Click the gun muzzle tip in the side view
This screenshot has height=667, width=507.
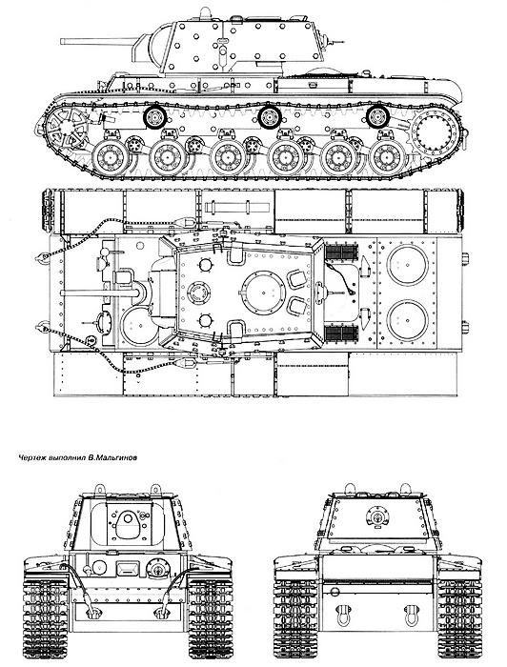coord(62,41)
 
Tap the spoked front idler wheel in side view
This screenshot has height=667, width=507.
coord(66,127)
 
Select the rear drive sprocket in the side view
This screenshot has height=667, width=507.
coord(436,131)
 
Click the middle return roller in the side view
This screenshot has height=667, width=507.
coord(270,116)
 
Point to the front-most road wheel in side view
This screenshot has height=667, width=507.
coord(111,157)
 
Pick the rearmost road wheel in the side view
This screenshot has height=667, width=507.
coord(387,157)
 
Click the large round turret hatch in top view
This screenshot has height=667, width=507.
coord(264,293)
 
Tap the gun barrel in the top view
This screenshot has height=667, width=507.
coord(100,293)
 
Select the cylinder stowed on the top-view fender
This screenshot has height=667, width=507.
coord(237,208)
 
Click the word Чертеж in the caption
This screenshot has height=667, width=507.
coord(32,458)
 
